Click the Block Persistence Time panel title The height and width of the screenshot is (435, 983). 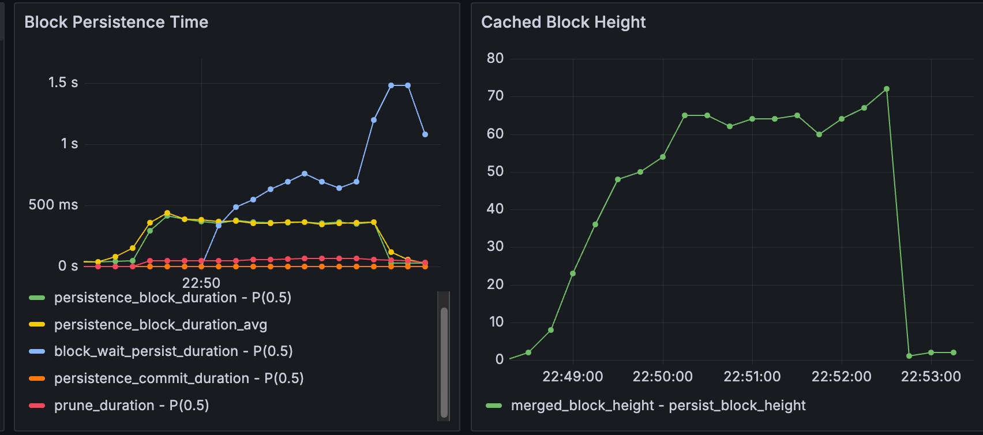116,22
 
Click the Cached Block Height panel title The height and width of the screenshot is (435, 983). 563,22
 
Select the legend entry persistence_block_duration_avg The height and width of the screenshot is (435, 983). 160,325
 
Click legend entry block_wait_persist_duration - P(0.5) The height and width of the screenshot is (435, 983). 173,351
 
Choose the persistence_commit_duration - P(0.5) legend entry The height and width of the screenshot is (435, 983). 179,378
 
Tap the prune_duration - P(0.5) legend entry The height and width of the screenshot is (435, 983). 132,406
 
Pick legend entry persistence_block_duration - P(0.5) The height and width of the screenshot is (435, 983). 172,298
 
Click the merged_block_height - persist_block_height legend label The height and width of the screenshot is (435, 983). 658,406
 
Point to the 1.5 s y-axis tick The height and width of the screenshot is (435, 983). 63,82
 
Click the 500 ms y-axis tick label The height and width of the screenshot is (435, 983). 53,205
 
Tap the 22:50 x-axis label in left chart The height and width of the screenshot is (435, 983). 201,283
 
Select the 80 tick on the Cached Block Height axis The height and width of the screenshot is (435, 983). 495,58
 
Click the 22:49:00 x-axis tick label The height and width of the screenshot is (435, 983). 572,377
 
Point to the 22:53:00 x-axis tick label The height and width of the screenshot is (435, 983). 931,377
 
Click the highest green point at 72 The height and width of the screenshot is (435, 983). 887,89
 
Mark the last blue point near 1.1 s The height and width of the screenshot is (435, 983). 425,134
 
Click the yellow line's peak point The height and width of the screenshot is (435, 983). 167,213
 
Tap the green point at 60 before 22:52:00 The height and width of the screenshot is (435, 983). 819,134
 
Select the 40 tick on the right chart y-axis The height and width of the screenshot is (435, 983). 495,209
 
